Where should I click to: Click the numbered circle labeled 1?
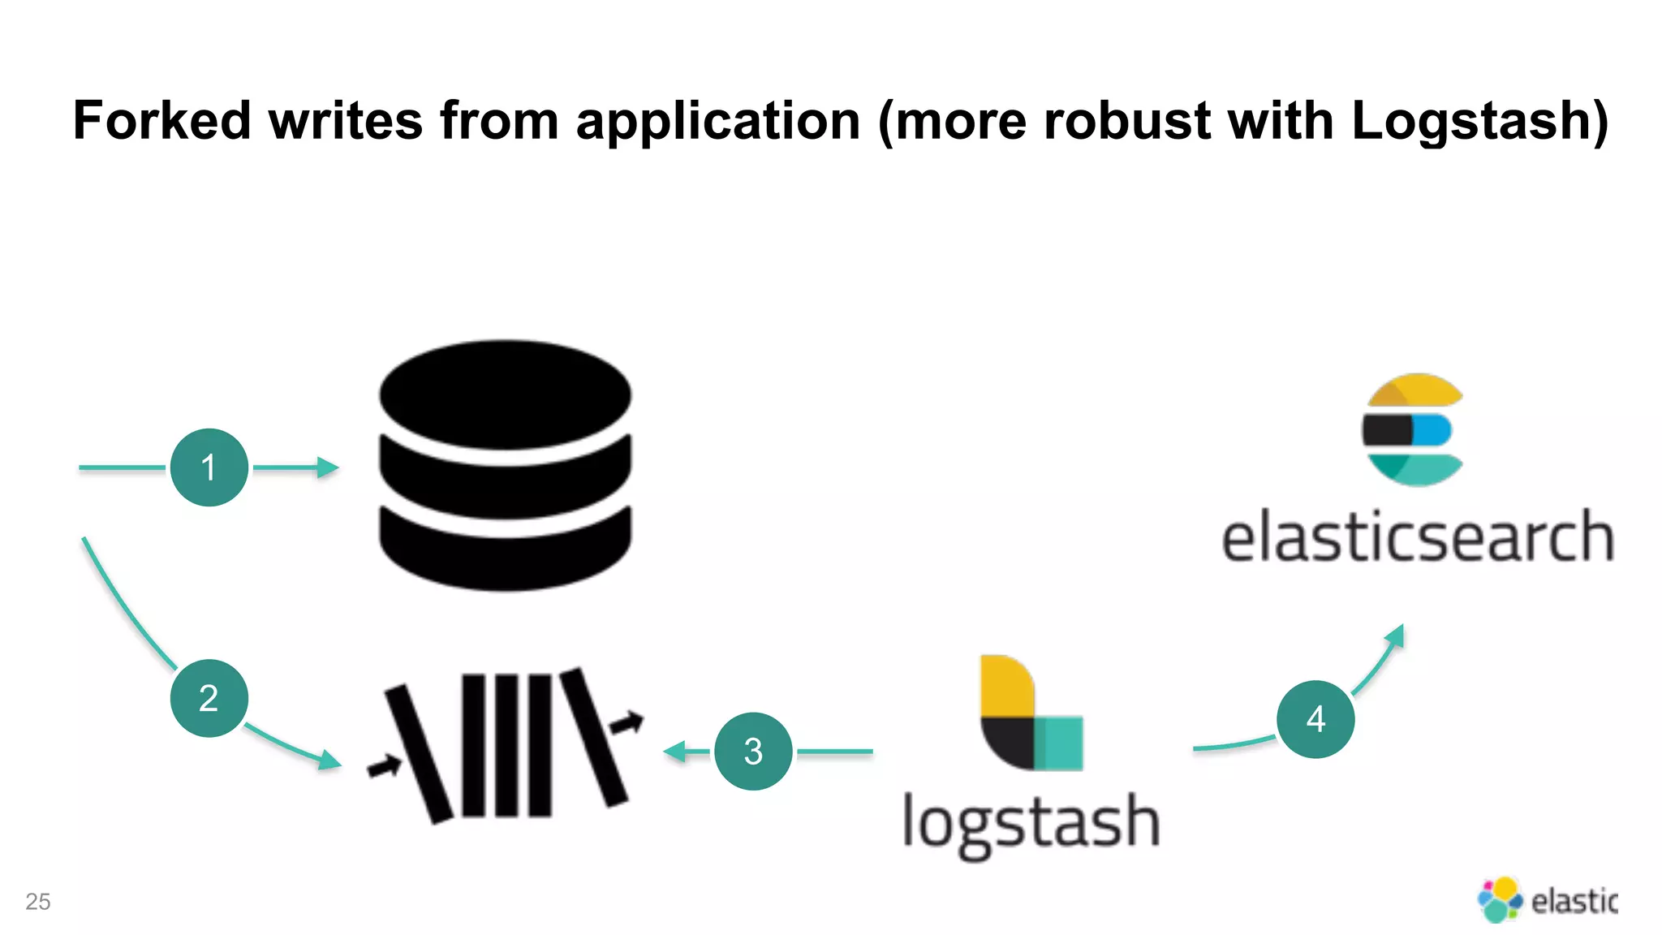[209, 467]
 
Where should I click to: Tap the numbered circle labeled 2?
[209, 698]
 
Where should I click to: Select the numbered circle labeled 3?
[753, 752]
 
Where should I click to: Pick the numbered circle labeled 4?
[1315, 719]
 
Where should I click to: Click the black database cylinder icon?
[505, 465]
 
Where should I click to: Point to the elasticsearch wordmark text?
[1417, 538]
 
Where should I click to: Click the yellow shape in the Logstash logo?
[1006, 686]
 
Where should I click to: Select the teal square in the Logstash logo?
[1058, 743]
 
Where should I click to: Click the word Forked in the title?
[161, 121]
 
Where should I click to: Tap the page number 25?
[38, 901]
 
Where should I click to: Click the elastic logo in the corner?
[1547, 900]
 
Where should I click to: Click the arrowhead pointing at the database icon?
[328, 467]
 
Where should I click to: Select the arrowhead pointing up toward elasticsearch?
[1396, 635]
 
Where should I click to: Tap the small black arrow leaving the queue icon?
[627, 722]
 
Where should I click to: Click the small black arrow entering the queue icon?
[385, 765]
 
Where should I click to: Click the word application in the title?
[717, 121]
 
